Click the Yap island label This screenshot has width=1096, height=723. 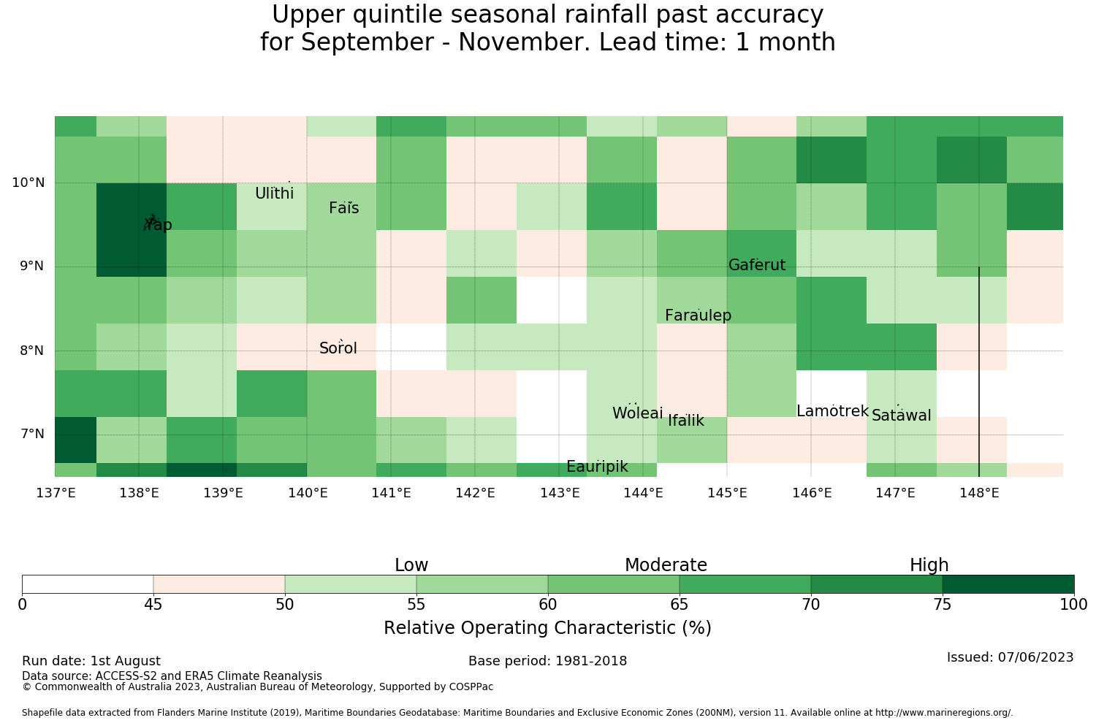pyautogui.click(x=158, y=224)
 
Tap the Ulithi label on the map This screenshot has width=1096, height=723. pyautogui.click(x=275, y=194)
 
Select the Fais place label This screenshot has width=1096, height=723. pyautogui.click(x=344, y=208)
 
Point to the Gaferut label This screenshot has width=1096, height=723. pyautogui.click(x=757, y=264)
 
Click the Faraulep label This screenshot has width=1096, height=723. pyautogui.click(x=699, y=315)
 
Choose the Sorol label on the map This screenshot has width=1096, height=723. pyautogui.click(x=338, y=348)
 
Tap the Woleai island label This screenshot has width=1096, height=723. pyautogui.click(x=638, y=413)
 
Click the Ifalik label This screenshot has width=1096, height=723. pyautogui.click(x=686, y=421)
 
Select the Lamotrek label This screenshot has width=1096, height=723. pyautogui.click(x=833, y=411)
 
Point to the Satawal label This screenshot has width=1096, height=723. pyautogui.click(x=901, y=416)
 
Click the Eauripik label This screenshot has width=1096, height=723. pyautogui.click(x=597, y=467)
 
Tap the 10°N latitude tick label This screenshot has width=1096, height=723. pyautogui.click(x=28, y=183)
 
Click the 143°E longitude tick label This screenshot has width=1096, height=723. pyautogui.click(x=560, y=493)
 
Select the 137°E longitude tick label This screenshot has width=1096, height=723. pyautogui.click(x=56, y=493)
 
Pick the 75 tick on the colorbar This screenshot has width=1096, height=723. pyautogui.click(x=943, y=605)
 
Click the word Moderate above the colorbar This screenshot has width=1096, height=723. pyautogui.click(x=666, y=565)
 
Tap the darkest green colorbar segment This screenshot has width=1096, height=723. pyautogui.click(x=1008, y=584)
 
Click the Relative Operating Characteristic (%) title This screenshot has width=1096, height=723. pyautogui.click(x=547, y=627)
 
